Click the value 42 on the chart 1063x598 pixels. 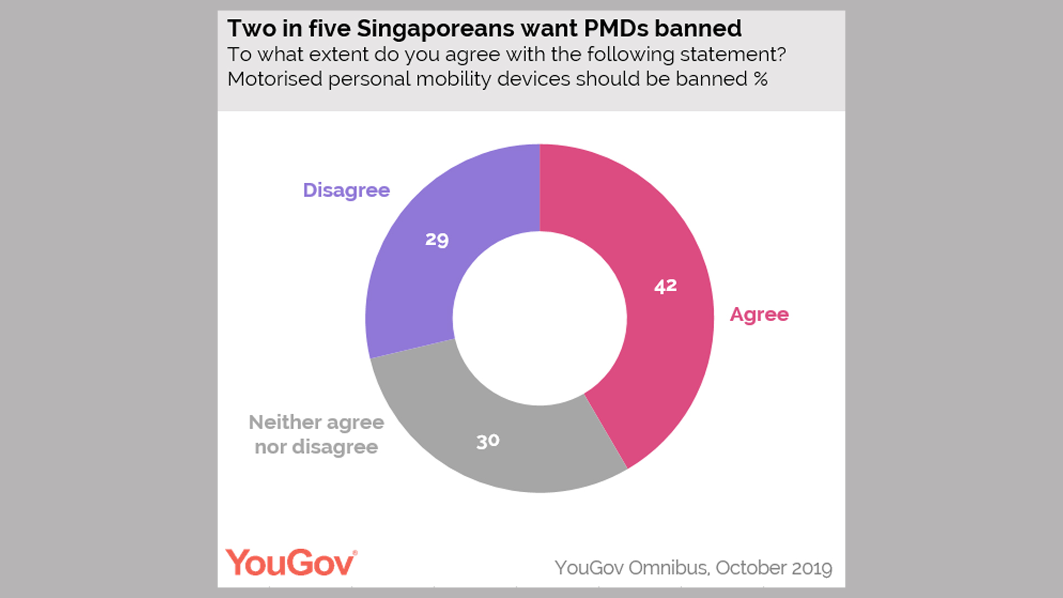point(665,286)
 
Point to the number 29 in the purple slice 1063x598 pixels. point(437,239)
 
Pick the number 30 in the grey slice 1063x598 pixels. point(488,441)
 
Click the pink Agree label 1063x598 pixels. point(759,315)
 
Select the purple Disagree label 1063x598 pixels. point(347,190)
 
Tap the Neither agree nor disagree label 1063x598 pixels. point(316,435)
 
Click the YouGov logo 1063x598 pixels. point(291,563)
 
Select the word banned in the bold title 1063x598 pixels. point(698,29)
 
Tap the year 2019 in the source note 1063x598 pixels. point(812,568)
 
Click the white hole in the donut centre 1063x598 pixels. point(540,318)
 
